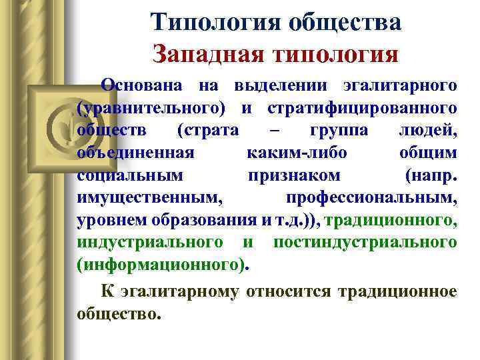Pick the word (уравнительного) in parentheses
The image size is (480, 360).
point(151,107)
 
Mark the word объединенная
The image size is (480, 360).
point(135,152)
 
